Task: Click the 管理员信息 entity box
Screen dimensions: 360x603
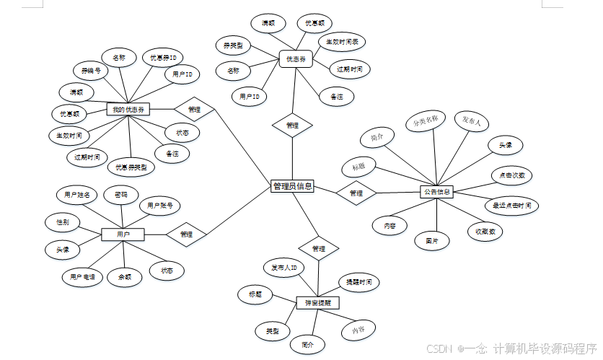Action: point(292,186)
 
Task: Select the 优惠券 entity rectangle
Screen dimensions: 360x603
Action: point(296,59)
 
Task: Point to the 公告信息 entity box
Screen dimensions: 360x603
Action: point(437,192)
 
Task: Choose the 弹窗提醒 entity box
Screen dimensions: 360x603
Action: point(317,303)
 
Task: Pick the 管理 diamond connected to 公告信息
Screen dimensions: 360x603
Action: point(356,193)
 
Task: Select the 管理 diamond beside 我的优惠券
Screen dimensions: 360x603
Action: point(195,110)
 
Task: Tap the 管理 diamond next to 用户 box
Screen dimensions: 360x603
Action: point(186,234)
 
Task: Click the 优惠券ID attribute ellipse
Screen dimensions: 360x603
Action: point(163,57)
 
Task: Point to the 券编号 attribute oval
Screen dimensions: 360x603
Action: point(91,71)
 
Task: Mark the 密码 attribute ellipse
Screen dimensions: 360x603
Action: point(120,195)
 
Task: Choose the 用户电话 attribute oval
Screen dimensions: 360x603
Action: point(83,276)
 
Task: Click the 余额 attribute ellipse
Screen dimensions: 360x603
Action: point(124,276)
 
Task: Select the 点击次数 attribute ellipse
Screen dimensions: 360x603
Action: point(511,175)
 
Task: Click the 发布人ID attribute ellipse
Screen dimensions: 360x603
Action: point(284,268)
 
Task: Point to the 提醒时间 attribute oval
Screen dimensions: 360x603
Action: point(358,281)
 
